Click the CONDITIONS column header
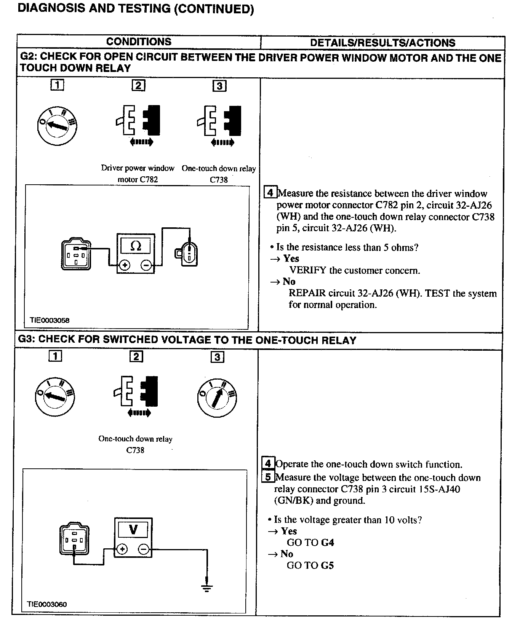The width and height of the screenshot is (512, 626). pos(139,42)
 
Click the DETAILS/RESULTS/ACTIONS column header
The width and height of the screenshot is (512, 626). pos(382,43)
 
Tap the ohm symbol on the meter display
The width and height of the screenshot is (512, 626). pos(136,246)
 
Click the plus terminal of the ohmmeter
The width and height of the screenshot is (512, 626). pos(124,265)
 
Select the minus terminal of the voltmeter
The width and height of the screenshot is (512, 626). pos(144,549)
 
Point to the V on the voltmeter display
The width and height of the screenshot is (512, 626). pos(133,529)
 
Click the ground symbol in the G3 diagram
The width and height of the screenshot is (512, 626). pos(206,588)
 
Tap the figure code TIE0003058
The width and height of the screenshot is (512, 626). pos(50,320)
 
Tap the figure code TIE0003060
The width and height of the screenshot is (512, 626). pos(47,604)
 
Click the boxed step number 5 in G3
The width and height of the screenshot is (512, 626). pos(268,477)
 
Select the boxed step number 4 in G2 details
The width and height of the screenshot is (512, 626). pos(270,193)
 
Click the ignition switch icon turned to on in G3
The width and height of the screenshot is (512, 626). pos(217,398)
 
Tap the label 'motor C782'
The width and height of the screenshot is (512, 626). pos(138,179)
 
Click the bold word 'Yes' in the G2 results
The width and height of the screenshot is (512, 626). pos(291,259)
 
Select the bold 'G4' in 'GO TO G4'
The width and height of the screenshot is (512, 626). pos(327,542)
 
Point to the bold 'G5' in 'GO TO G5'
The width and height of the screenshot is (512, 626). pos(327,565)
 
